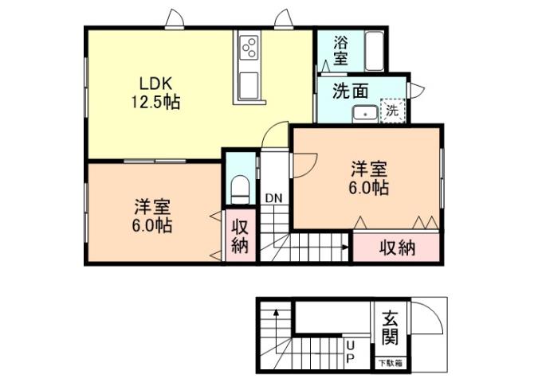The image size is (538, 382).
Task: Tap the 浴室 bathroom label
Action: coord(341,49)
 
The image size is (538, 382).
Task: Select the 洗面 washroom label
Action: coord(350,90)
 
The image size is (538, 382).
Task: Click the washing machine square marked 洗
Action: coord(393,111)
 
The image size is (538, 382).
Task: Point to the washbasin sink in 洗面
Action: coord(366,112)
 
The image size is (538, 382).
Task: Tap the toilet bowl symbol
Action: coord(238,189)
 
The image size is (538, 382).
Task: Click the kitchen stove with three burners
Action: coord(249,47)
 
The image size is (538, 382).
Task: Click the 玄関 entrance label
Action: coord(390,326)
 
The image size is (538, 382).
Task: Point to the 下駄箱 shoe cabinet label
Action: coord(390,363)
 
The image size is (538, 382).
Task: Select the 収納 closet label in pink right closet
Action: coord(397,248)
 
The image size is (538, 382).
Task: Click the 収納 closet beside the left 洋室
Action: coord(240,236)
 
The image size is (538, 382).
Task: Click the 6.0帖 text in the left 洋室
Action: coord(153,225)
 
